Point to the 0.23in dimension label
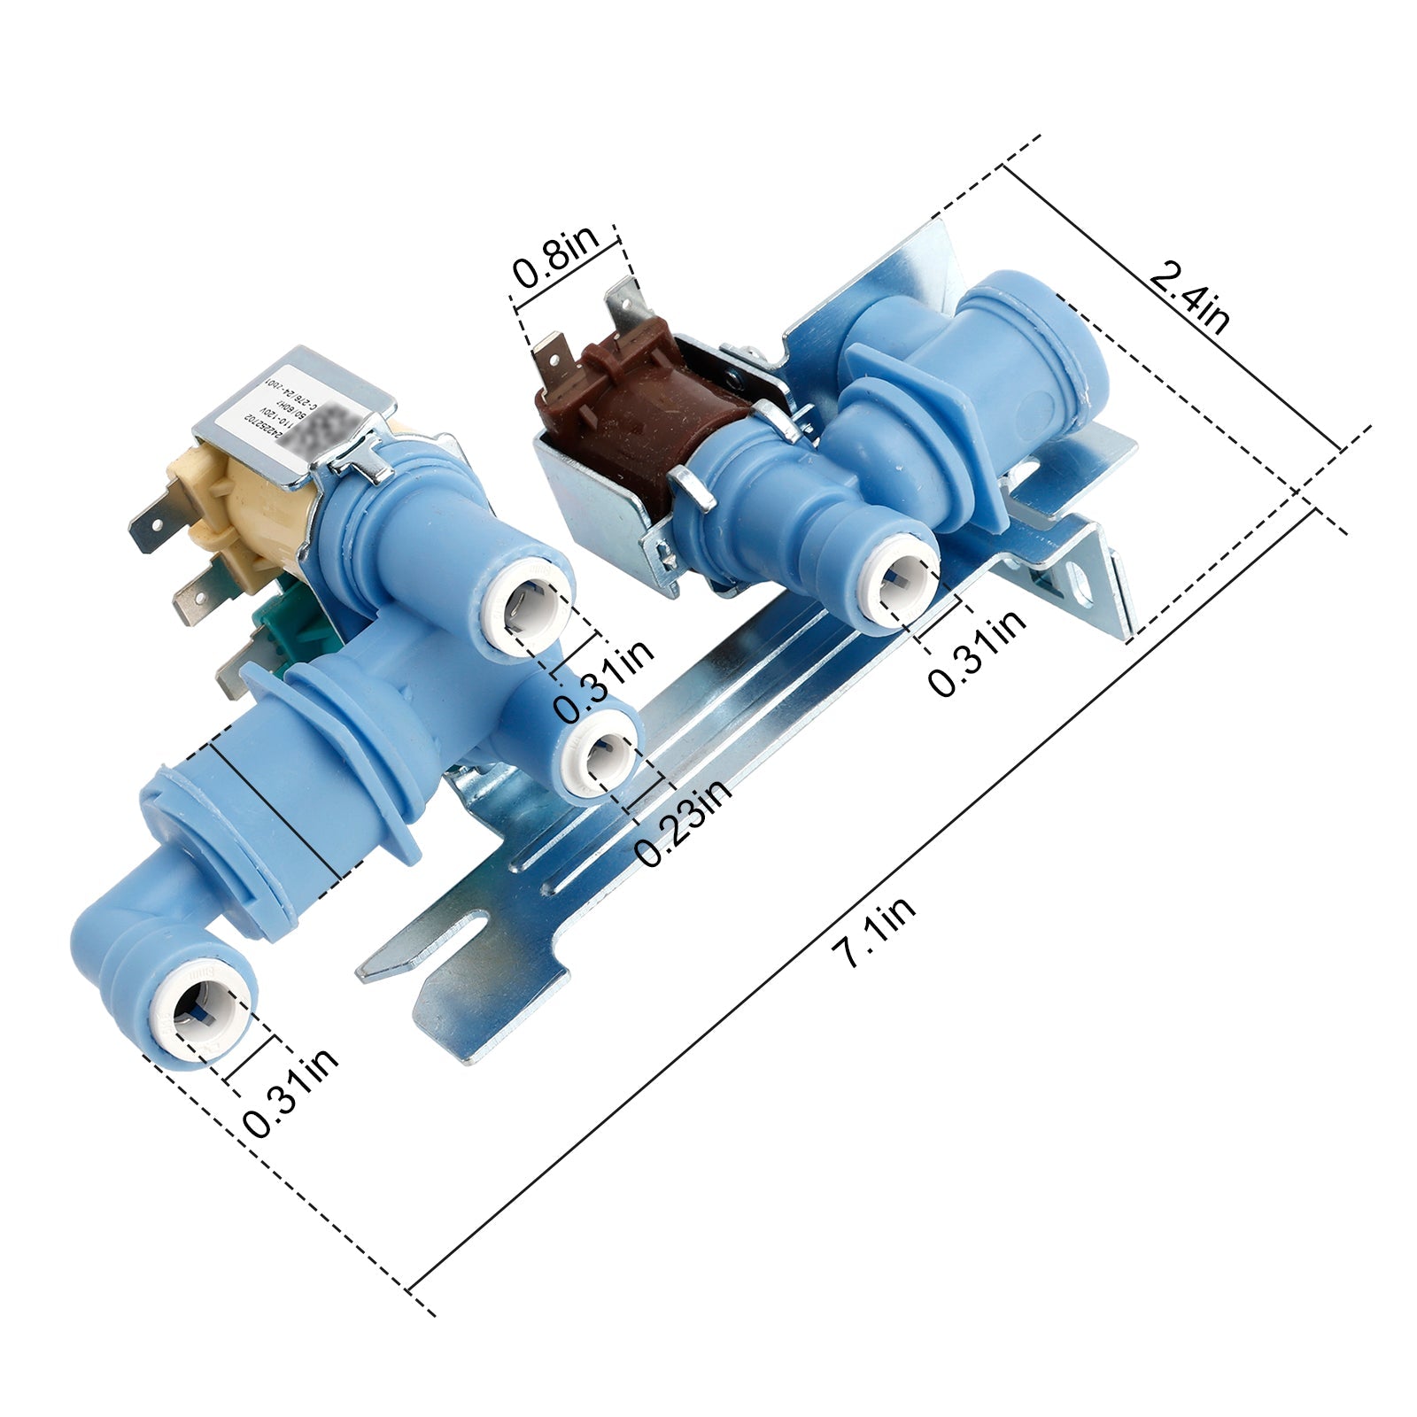pyautogui.click(x=683, y=823)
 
